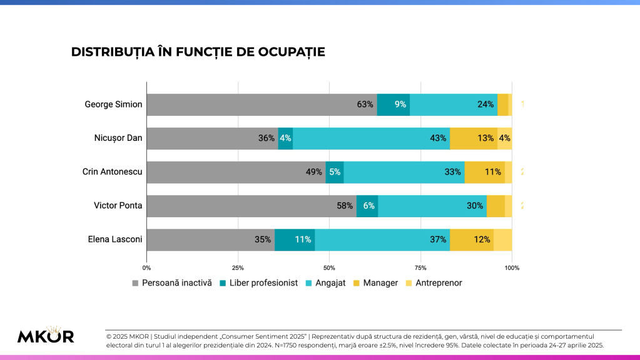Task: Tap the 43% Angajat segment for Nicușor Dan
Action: coord(371,138)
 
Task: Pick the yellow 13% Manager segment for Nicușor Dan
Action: coord(474,138)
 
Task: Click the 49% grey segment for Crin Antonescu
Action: coord(236,172)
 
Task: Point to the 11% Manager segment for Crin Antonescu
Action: coord(484,172)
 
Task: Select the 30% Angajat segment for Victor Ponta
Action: coord(432,206)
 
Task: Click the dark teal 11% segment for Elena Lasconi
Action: coord(295,240)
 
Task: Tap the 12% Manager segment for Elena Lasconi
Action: coord(472,240)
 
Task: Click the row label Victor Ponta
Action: coord(118,205)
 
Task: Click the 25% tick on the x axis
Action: coord(238,268)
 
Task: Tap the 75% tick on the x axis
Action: coord(420,268)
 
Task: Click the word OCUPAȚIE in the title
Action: coord(292,52)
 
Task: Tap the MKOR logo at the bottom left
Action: coord(45,335)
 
